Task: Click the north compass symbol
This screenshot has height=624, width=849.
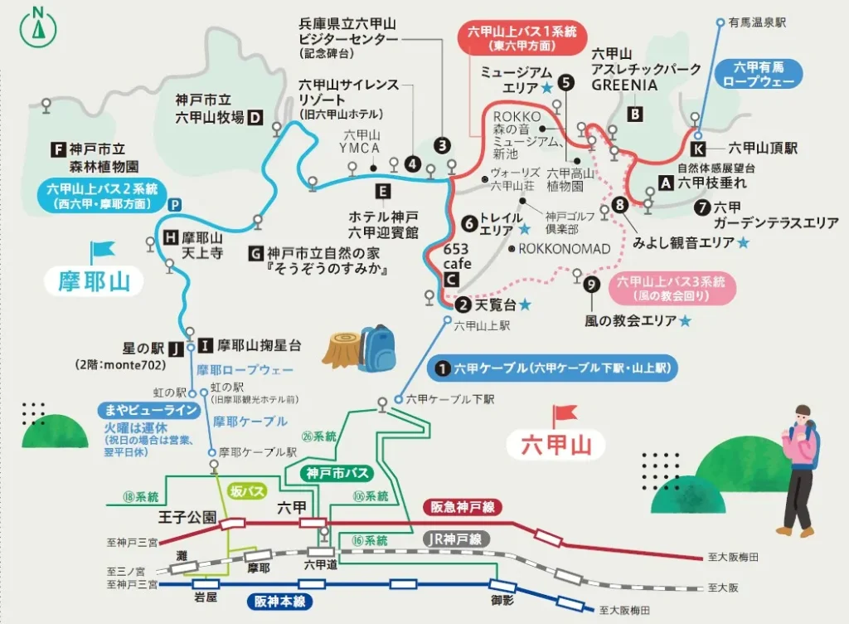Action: [x=37, y=26]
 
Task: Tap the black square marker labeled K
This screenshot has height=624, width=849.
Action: [x=698, y=149]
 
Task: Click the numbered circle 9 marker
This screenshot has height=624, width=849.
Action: [x=590, y=285]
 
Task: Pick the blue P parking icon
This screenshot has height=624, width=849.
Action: [x=174, y=205]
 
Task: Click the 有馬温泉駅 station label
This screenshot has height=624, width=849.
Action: [x=757, y=22]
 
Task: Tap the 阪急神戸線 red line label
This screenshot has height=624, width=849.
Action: [x=463, y=506]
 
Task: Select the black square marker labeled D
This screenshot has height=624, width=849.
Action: [x=255, y=117]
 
